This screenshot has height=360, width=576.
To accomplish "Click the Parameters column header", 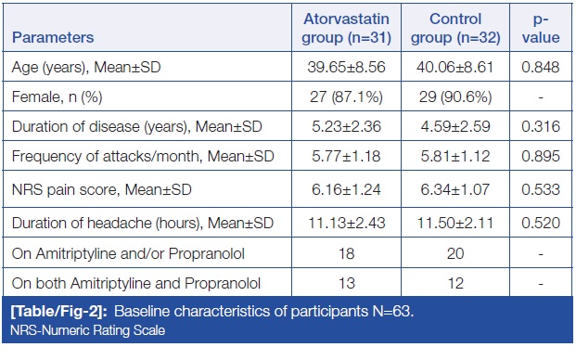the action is click(x=53, y=37).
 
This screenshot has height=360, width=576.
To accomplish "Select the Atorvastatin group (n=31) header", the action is click(x=346, y=28).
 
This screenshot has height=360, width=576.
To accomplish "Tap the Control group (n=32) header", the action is click(x=455, y=28).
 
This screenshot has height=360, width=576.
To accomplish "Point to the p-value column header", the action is click(x=541, y=28).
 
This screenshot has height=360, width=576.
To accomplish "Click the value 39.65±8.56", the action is click(x=346, y=67).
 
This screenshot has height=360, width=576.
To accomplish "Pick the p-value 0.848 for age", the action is click(x=541, y=67).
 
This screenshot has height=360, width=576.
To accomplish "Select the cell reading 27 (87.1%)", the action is click(x=346, y=97).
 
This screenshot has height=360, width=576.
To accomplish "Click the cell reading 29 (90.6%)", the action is click(x=455, y=97).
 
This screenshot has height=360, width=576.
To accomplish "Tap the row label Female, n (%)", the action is click(x=57, y=97).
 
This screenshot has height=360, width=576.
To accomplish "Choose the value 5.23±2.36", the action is click(x=346, y=126).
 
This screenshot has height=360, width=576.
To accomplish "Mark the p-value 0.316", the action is click(x=541, y=126).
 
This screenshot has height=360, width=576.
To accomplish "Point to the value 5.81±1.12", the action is click(x=455, y=157).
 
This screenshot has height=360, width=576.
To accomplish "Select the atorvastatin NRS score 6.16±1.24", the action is click(x=346, y=189).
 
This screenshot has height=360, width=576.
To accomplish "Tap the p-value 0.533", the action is click(x=541, y=189).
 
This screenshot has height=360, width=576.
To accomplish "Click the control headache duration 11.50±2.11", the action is click(x=455, y=223).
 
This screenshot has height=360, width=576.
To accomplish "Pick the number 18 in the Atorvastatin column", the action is click(x=346, y=253).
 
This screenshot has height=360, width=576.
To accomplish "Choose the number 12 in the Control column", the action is click(x=455, y=283).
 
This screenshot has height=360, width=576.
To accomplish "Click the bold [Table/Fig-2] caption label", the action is click(x=58, y=312).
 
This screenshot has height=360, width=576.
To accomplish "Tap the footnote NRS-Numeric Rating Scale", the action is click(x=87, y=330).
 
